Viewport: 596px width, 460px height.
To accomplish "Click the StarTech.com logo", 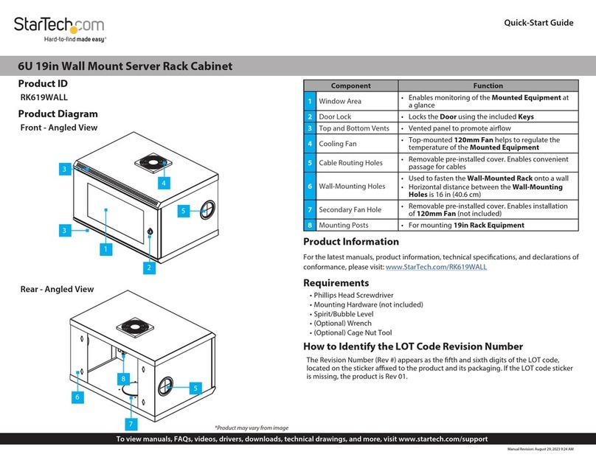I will coord(59,26).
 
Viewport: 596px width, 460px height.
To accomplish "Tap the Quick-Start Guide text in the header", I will coord(538,23).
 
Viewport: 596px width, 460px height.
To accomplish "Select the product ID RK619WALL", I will coord(44,97).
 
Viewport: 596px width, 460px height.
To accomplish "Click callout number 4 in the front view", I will coord(164,182).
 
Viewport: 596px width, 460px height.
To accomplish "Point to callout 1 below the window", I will coord(106,249).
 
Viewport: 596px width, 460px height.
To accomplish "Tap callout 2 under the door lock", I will coord(149,268).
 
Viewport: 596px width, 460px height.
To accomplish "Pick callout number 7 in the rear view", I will coord(130,425).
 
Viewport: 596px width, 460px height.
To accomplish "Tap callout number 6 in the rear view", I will coord(77,397).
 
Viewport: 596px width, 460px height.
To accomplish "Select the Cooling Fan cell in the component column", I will coord(337,144).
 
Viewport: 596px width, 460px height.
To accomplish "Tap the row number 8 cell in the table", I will coord(311,225).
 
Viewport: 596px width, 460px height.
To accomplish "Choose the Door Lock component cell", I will coord(335,117).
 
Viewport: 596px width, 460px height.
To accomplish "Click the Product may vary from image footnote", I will coord(251,428).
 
